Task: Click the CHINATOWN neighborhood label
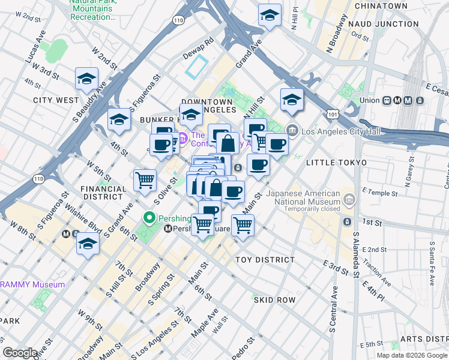point(381,5)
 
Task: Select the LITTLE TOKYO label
point(336,163)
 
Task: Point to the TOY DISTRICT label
point(265,260)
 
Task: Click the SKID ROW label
point(274,299)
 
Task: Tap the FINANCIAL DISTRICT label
point(103,193)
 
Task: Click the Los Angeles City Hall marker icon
point(292,129)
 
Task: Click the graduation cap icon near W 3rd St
point(87,79)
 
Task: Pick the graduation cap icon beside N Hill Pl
point(270,14)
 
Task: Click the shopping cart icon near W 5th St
point(145,179)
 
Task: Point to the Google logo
point(20,353)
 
